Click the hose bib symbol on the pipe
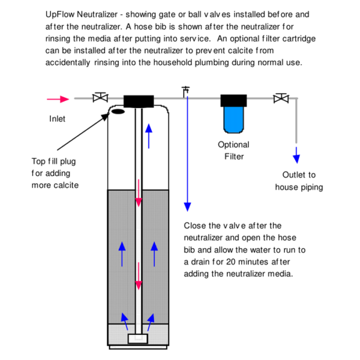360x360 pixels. (x=185, y=91)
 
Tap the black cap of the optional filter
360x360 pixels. (x=233, y=100)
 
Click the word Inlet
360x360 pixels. (x=58, y=119)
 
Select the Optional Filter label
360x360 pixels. (x=233, y=151)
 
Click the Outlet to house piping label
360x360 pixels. (x=299, y=181)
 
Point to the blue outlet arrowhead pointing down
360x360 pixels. (x=296, y=158)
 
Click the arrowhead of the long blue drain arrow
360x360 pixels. (x=187, y=206)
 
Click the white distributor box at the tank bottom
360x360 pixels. (x=139, y=339)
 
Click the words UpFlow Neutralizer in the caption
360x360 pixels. (x=81, y=13)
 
